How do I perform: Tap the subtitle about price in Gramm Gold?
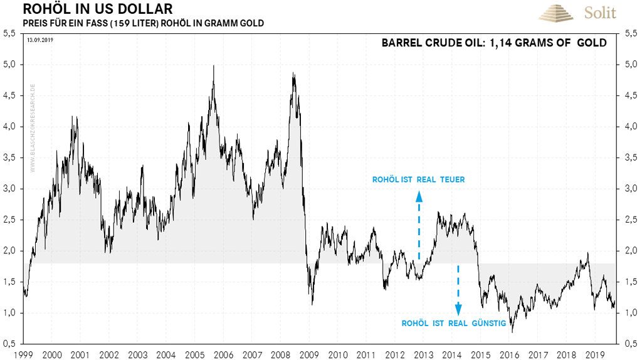[143, 23]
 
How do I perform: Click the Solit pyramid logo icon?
[552, 13]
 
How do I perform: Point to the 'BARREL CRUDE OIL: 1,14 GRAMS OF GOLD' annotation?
[494, 43]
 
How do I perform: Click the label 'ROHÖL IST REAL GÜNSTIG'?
[453, 324]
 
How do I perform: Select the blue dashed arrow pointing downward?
[458, 289]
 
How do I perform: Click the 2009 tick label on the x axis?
[310, 354]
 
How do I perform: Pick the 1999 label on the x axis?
[23, 354]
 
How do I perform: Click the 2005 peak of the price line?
[214, 66]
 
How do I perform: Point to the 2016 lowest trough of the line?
[512, 331]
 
